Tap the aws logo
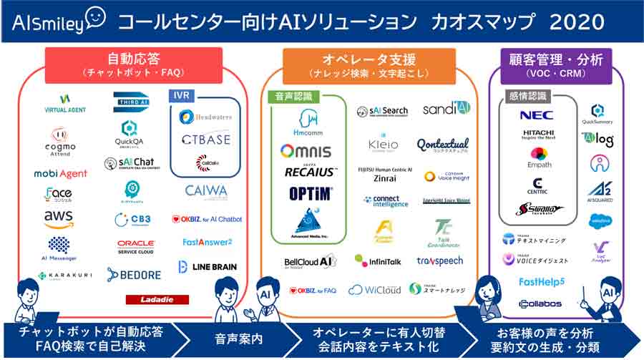pos(59,218)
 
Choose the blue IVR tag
pos(180,95)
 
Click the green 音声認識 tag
pos(290,96)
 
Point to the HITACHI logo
pos(538,135)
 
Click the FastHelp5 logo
pos(542,281)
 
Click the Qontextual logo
pos(445,145)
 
